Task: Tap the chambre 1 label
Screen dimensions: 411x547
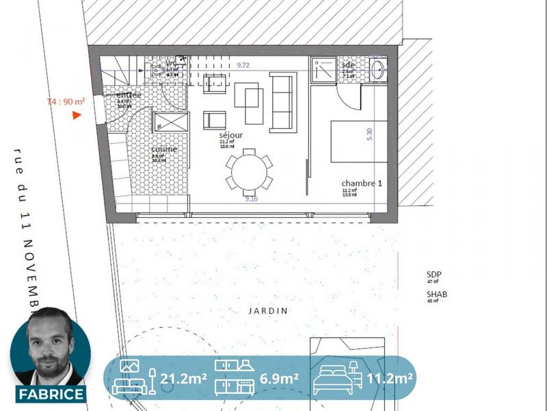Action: click(362, 184)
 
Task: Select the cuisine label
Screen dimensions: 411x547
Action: click(164, 149)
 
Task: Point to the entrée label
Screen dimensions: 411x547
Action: click(129, 95)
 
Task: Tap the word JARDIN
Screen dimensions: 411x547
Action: click(269, 310)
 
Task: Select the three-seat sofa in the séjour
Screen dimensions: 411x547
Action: click(282, 102)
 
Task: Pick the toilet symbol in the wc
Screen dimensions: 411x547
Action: click(158, 68)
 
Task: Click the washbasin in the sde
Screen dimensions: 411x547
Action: click(378, 67)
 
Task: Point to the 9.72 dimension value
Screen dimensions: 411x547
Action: click(243, 64)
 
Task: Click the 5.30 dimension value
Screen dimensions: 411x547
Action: click(370, 134)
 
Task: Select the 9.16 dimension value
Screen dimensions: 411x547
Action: click(252, 199)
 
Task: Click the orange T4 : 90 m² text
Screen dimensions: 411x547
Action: click(66, 101)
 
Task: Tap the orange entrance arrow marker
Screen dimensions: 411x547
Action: click(77, 115)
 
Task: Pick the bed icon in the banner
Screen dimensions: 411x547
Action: click(334, 377)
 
